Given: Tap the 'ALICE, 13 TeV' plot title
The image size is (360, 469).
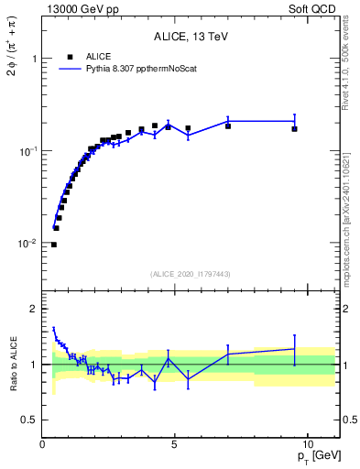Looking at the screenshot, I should pos(191,38).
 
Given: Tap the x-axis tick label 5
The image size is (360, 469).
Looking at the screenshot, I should pos(175,443).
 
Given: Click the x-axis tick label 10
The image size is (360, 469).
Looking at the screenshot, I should pos(307,443).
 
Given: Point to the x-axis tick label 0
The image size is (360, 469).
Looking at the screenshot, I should pos(43,443).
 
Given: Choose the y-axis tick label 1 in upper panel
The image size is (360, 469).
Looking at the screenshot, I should pos(33,58).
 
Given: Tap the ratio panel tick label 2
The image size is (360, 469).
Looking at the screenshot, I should pos(33,309).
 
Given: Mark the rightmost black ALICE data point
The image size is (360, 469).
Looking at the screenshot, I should pos(294,129).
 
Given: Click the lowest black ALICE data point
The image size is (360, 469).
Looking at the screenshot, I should pos(54,245).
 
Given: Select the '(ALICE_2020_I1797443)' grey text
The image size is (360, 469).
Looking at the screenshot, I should pos(191,274).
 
